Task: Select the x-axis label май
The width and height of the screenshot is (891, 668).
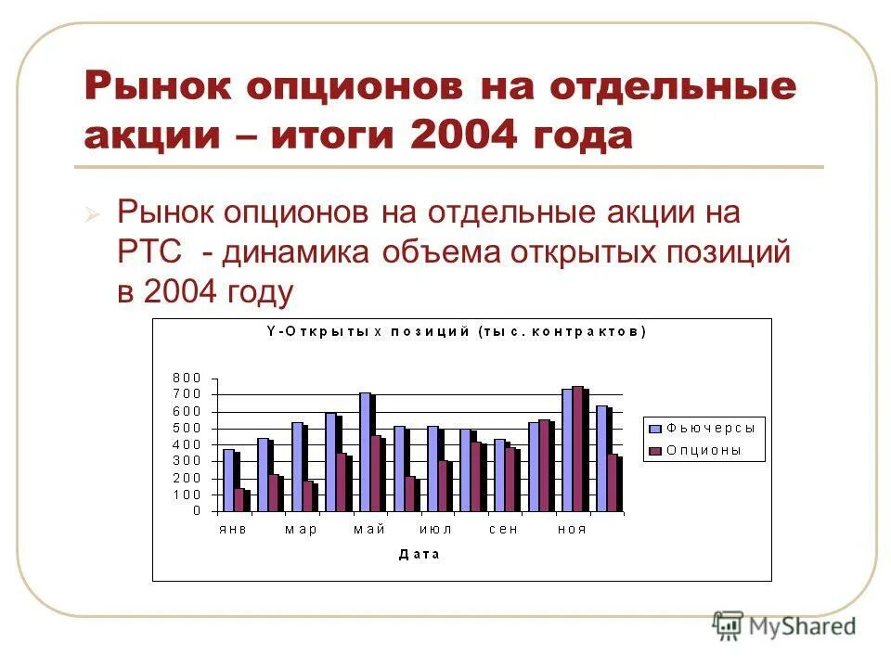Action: (369, 529)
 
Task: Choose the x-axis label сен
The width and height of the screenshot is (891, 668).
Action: (504, 529)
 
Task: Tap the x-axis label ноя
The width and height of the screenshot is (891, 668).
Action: (572, 529)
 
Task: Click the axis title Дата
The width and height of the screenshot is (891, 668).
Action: (420, 554)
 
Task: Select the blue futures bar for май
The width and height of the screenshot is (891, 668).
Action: (365, 452)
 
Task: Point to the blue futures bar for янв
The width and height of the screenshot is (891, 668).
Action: (227, 480)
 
